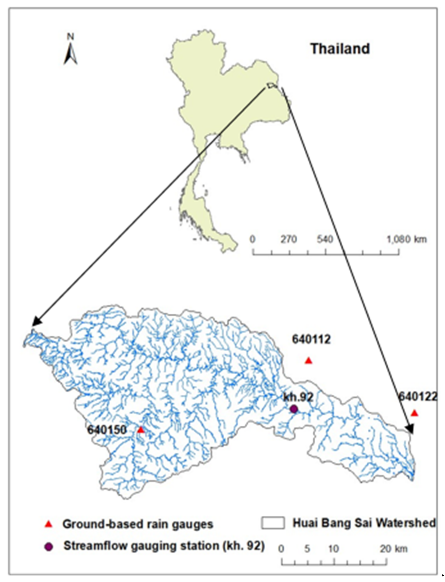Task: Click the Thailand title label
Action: [x=340, y=49]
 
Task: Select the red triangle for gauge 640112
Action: [x=308, y=361]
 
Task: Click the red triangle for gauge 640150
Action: [x=141, y=430]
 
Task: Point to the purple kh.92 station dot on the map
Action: [x=294, y=409]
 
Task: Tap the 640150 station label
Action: [x=107, y=430]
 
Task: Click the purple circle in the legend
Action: [x=48, y=547]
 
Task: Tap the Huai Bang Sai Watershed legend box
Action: [x=273, y=523]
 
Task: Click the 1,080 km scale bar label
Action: [x=407, y=239]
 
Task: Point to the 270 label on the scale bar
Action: [x=289, y=239]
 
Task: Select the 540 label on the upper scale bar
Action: [x=325, y=239]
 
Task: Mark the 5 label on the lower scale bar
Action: [x=307, y=549]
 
